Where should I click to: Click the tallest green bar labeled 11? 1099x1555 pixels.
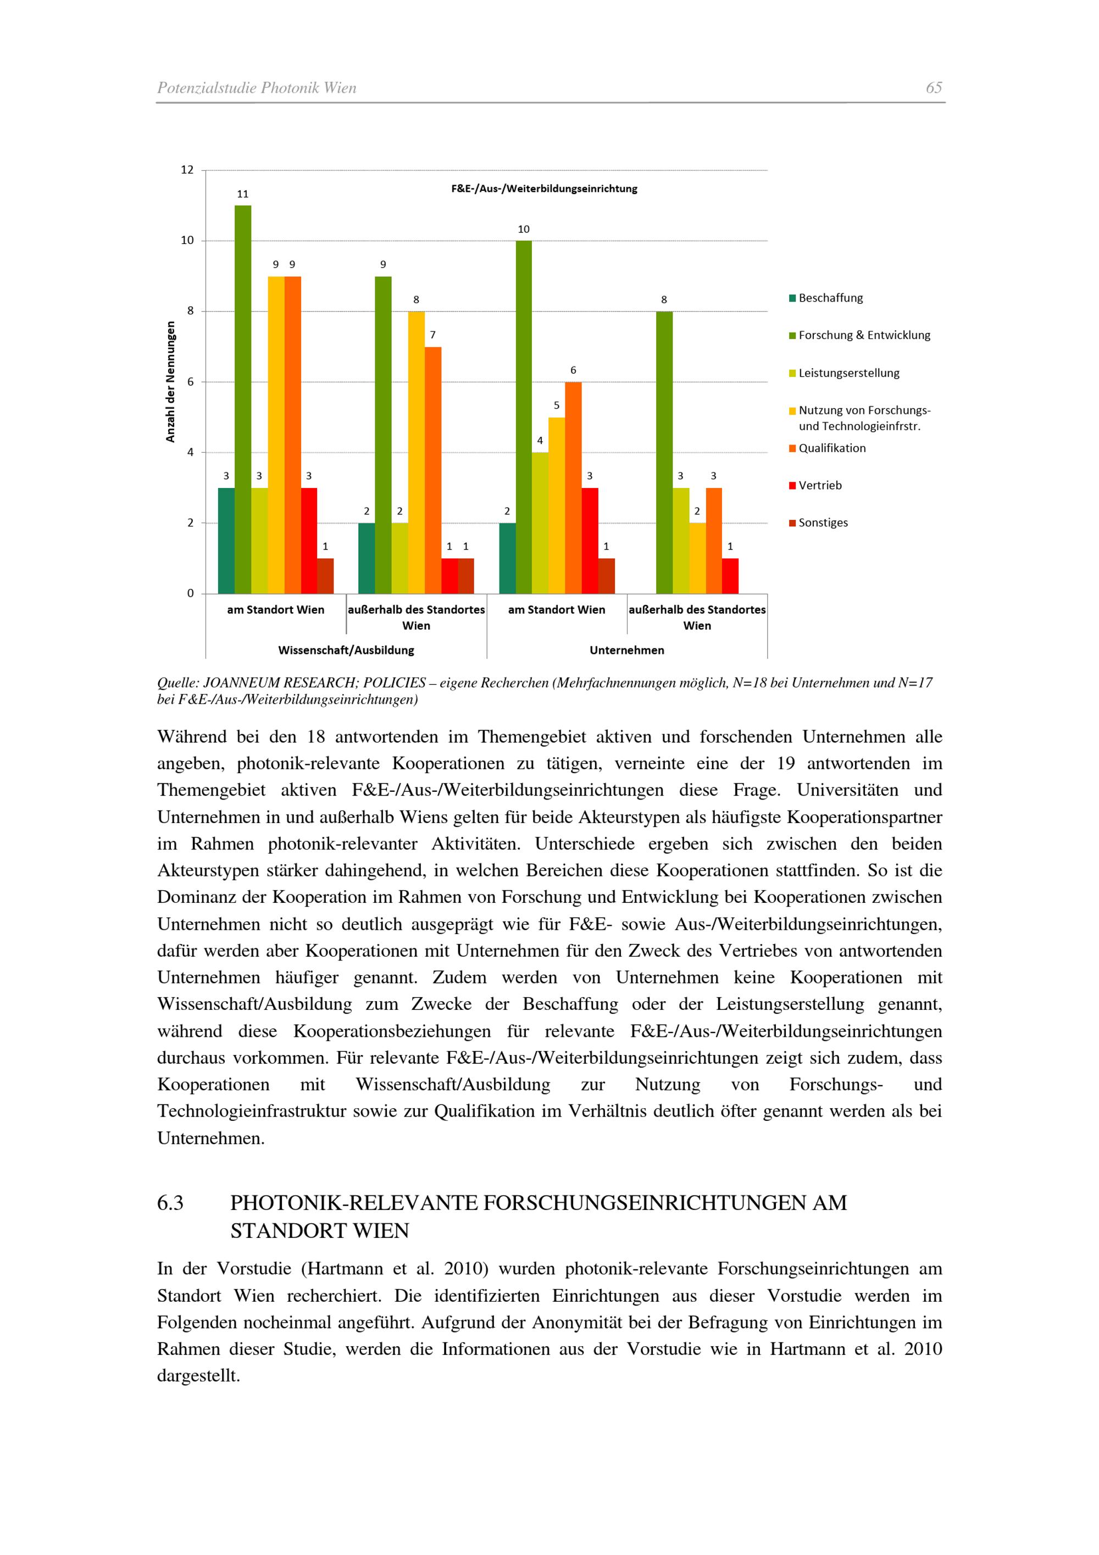tap(242, 399)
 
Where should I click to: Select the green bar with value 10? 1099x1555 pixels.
tap(524, 417)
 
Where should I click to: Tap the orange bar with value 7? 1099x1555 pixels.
tap(432, 470)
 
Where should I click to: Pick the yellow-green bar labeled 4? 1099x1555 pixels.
tap(540, 523)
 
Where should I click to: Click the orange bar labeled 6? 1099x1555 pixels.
tap(573, 487)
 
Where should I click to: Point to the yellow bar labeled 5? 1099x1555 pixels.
tap(557, 506)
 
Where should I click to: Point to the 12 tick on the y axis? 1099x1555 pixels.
tap(187, 170)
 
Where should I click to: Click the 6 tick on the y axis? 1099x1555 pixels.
tap(190, 382)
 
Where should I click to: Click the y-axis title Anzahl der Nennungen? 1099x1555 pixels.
tap(171, 382)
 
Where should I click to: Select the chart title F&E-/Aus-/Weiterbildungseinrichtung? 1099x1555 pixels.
tap(544, 189)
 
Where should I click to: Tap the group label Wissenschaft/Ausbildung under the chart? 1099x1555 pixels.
tap(346, 650)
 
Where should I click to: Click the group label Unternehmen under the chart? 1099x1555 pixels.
tap(626, 650)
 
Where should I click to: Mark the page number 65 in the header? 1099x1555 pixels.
tap(934, 88)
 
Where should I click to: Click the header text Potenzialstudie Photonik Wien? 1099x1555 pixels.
tap(257, 88)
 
